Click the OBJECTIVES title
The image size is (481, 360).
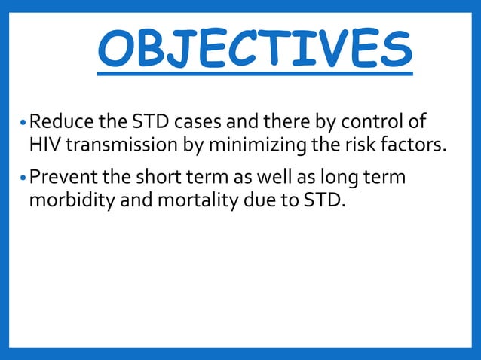point(255,48)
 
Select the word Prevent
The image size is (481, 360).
point(60,178)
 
